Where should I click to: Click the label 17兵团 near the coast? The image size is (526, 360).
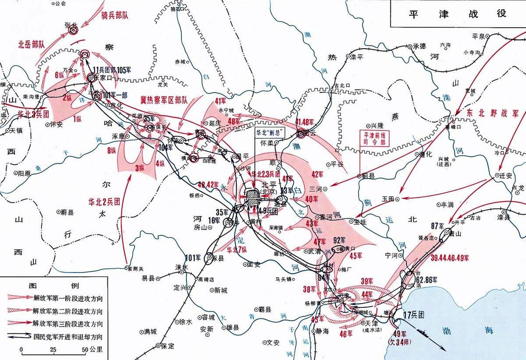point(414,314)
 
